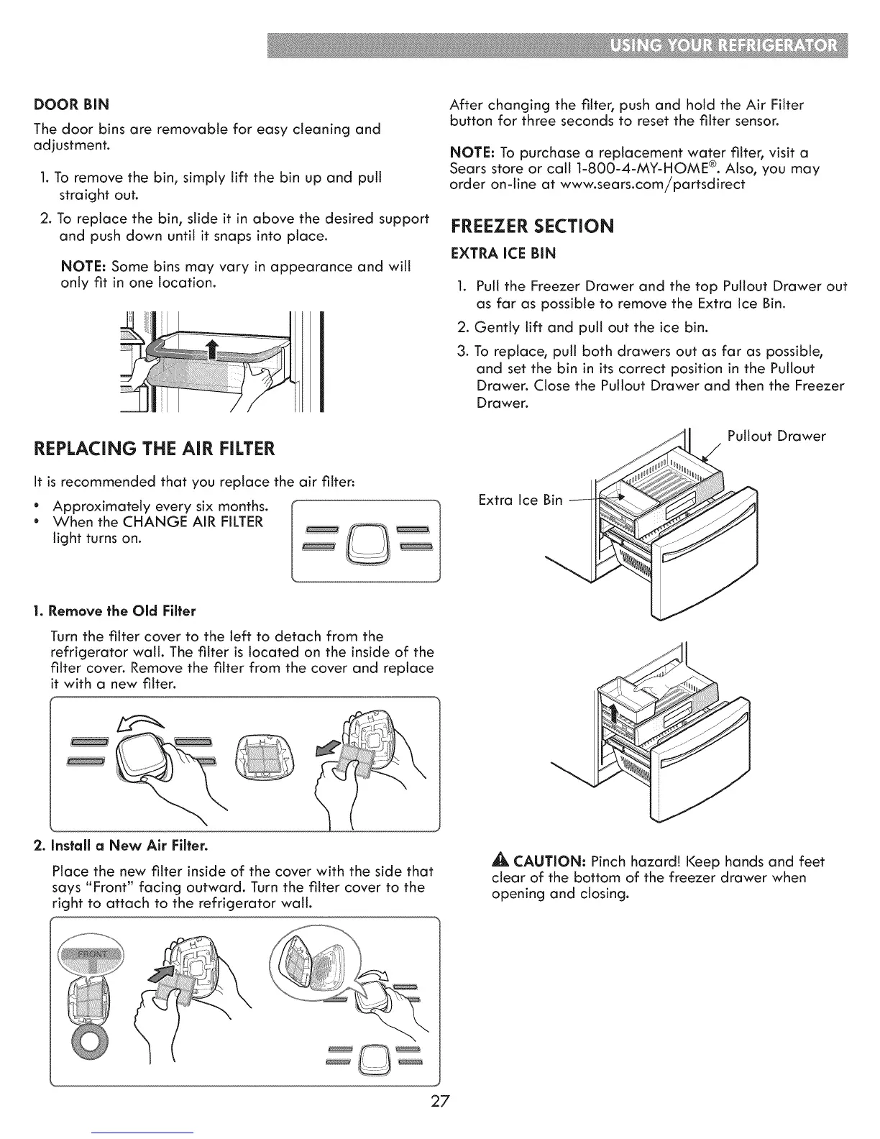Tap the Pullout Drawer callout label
click(776, 436)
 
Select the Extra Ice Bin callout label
click(521, 499)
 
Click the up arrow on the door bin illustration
click(211, 352)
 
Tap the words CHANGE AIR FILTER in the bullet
click(183, 521)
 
